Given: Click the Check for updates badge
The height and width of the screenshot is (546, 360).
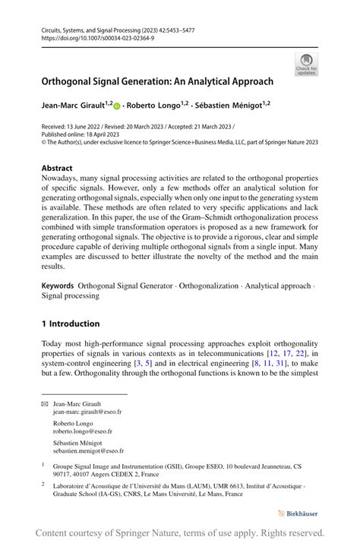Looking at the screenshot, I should pos(306,64).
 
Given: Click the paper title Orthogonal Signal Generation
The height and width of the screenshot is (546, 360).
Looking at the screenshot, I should pos(157,80).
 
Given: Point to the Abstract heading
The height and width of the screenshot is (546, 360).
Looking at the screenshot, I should pos(57,168).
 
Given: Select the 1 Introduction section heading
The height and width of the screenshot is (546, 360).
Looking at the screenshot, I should pos(71,323).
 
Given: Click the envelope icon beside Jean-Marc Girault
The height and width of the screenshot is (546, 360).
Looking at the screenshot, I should pos(44,403).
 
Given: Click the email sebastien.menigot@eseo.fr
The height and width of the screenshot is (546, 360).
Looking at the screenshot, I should pos(88,451).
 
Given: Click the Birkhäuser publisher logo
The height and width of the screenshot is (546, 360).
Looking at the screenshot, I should pos(298,513).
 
